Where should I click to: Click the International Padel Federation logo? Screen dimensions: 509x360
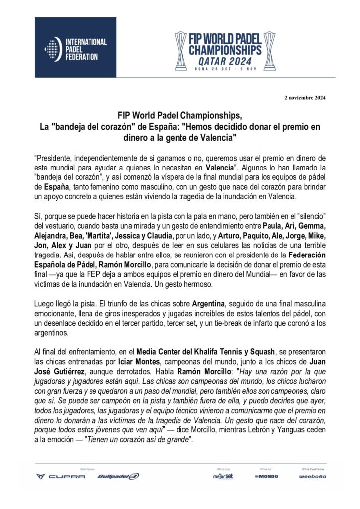(76, 48)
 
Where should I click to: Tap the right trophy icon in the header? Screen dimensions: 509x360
(269, 50)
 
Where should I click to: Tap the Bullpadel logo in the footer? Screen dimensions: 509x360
(118, 476)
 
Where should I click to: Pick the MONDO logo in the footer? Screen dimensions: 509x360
(267, 476)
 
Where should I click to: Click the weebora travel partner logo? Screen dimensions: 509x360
(313, 476)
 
